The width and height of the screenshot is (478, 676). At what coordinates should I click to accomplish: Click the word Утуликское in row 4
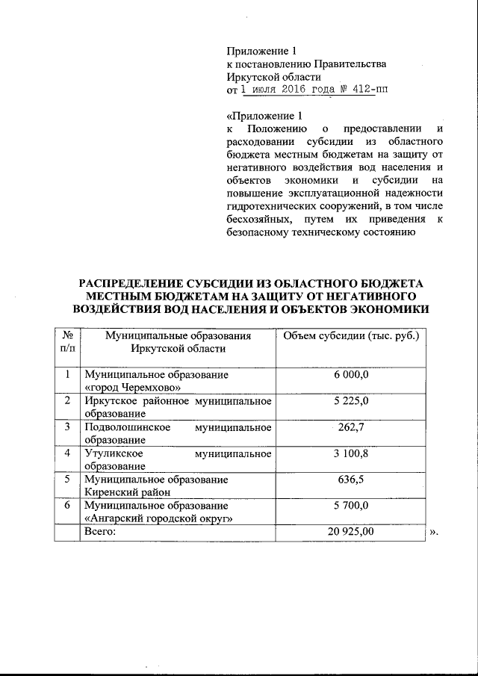click(x=111, y=453)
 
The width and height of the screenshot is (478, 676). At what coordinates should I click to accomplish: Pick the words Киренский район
click(x=127, y=492)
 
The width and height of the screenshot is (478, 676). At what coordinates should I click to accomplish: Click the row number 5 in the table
click(x=67, y=480)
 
